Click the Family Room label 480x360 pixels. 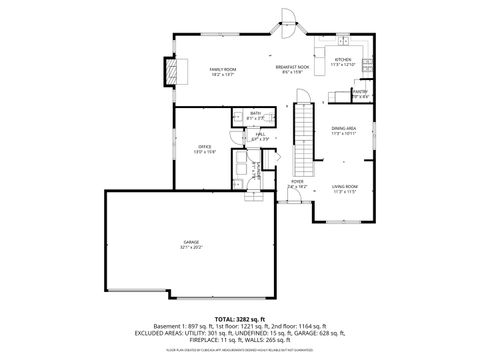pos(222,68)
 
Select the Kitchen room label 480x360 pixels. pos(343,60)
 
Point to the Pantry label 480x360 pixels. pos(360,92)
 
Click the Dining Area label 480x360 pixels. pos(344,128)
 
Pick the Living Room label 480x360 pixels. pos(344,187)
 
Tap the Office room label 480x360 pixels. pos(204,147)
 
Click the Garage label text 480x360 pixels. pos(191,243)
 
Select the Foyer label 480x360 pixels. pos(297,182)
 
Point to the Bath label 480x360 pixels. pos(255,113)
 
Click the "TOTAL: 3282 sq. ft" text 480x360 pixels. pos(240,317)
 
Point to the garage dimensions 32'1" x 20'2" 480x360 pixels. pos(191,248)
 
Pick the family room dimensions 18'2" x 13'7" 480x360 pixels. pos(222,74)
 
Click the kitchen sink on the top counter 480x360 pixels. pos(344,46)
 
